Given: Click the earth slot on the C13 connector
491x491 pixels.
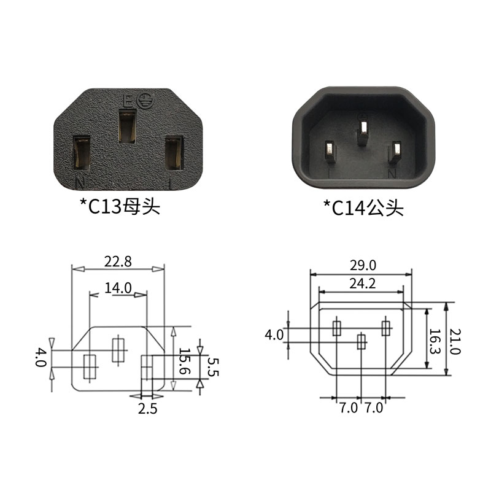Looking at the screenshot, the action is [128, 126].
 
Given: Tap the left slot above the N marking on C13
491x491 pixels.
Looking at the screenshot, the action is [82, 153].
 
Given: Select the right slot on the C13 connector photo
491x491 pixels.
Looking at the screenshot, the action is [174, 153].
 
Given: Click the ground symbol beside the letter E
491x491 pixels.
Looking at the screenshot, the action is [145, 100].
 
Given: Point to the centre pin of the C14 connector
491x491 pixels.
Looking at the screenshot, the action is [363, 130].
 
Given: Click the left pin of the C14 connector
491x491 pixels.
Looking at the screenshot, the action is [330, 152].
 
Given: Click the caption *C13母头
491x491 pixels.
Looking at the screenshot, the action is [120, 206].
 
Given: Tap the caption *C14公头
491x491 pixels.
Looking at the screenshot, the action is [363, 207].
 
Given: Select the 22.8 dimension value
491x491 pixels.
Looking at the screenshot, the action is [118, 261].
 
